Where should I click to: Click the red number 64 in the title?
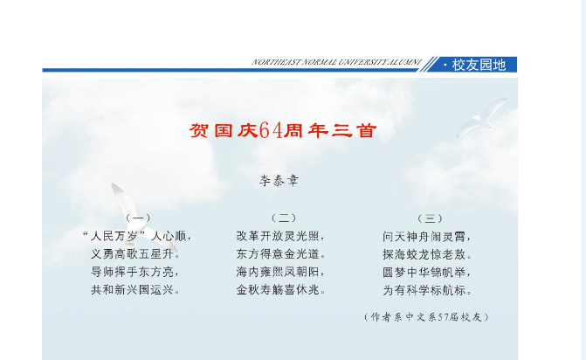point(271,130)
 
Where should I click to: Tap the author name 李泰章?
point(279,181)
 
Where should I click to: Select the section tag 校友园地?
point(479,65)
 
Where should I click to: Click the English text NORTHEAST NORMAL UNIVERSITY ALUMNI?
point(336,62)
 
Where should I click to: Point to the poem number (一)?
point(138,218)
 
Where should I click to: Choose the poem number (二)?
point(284,218)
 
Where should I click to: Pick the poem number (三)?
point(430,218)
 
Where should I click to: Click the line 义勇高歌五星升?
point(135,254)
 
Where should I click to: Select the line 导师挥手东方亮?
point(135,272)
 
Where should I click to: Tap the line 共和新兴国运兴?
point(135,290)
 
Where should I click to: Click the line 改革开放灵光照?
point(280,236)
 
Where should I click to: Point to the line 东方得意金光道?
point(281,254)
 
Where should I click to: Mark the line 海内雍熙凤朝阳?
point(280,272)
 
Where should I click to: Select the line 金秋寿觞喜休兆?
point(281,290)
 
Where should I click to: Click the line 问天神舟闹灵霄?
point(427,237)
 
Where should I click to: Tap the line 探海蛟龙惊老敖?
point(427,254)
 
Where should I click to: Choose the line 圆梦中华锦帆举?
point(427,272)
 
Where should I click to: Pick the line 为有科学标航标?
point(427,290)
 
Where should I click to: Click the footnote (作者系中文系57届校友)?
point(426,317)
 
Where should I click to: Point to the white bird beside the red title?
point(480,117)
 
